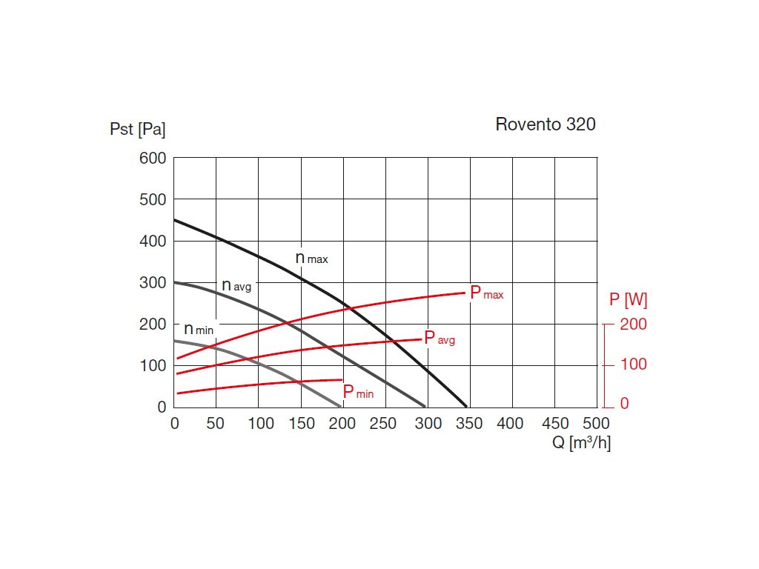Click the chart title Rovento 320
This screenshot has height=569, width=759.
click(x=545, y=124)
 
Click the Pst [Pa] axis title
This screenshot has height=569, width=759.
click(x=137, y=130)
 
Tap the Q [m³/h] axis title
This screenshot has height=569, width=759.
click(x=580, y=443)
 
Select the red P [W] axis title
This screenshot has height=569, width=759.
click(x=627, y=300)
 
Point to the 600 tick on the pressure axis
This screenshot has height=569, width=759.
click(x=153, y=159)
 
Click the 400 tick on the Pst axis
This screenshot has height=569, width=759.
click(x=153, y=242)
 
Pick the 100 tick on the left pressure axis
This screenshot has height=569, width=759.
click(x=153, y=365)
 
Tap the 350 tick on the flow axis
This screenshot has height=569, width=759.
click(x=469, y=424)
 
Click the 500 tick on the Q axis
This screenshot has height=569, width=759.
click(x=596, y=424)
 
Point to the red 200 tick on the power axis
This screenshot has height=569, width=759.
click(x=633, y=325)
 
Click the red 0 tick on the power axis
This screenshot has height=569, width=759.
click(x=624, y=404)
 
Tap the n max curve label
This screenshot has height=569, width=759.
click(x=311, y=259)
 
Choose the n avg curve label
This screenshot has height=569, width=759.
click(x=236, y=286)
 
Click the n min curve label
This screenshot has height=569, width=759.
click(x=198, y=329)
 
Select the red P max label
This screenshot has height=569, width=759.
click(x=486, y=293)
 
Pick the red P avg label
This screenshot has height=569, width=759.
click(x=439, y=339)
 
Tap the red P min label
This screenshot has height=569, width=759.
click(x=358, y=392)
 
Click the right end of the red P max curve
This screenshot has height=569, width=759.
click(x=465, y=293)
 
